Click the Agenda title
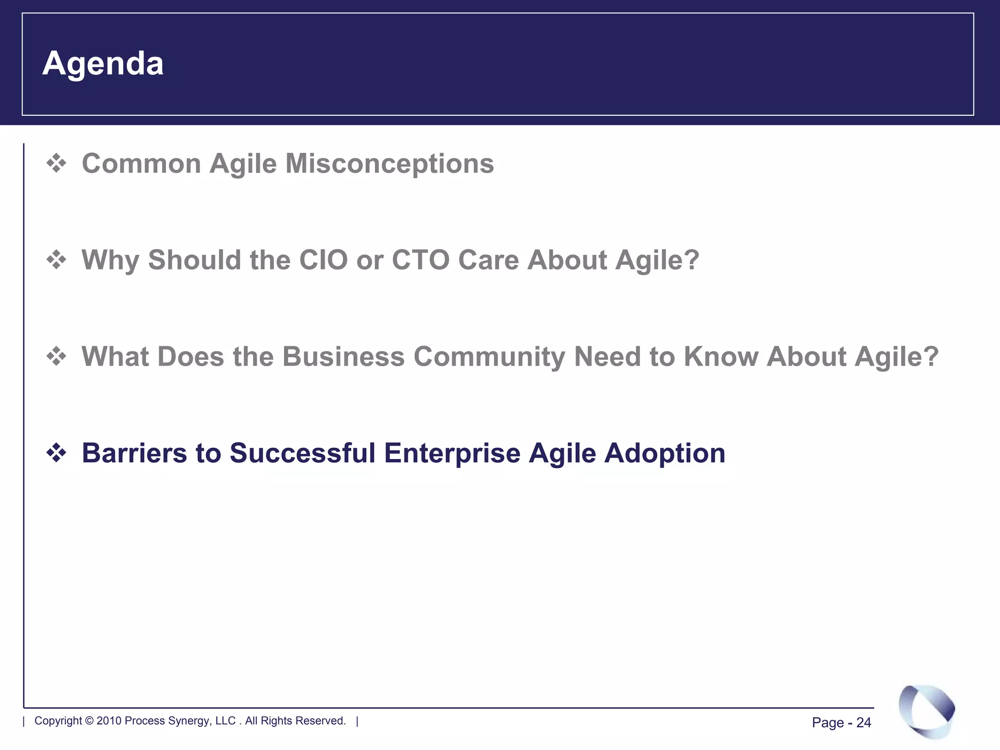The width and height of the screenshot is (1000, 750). [103, 63]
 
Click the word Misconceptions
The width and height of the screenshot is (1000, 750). [389, 163]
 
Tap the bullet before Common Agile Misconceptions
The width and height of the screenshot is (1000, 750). [56, 163]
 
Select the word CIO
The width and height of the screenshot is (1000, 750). [323, 260]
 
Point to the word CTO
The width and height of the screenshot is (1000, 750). [420, 260]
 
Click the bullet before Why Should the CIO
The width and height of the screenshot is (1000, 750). [56, 260]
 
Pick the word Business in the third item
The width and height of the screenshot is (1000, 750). [343, 356]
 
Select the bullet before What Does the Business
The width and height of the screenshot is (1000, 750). [56, 356]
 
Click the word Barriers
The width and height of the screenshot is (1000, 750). [134, 453]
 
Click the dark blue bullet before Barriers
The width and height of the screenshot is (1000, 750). [56, 453]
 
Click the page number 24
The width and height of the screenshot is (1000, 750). [863, 723]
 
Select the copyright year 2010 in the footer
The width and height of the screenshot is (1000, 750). [108, 721]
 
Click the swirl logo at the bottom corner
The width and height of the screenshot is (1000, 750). [926, 711]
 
